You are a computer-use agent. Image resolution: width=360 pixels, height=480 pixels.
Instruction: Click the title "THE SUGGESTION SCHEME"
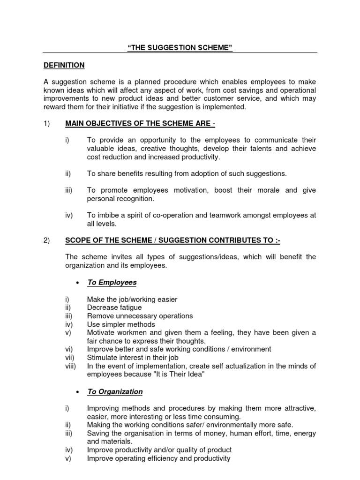180,48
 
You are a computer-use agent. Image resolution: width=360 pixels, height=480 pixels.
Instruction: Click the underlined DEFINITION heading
63,65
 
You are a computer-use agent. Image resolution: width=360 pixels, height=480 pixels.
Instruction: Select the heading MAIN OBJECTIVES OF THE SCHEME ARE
139,123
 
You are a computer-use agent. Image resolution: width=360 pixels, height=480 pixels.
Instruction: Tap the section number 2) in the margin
46,240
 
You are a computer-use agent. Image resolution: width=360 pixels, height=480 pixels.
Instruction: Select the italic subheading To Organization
115,391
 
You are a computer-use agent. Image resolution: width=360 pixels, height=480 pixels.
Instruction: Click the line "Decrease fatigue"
114,307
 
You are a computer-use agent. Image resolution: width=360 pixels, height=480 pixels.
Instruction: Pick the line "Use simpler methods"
120,324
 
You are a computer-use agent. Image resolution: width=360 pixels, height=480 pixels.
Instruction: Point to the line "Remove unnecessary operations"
140,316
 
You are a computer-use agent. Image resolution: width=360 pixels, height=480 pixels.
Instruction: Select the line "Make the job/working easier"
132,299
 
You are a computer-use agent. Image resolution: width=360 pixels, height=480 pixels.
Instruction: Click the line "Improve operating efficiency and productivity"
158,458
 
